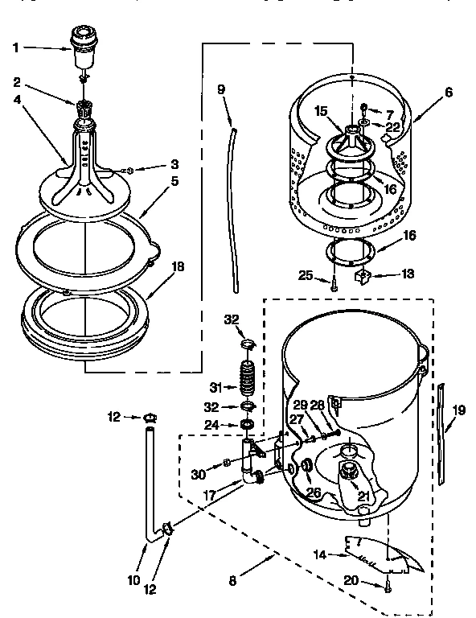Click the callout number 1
[16, 47]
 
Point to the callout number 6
[448, 92]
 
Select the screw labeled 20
[388, 588]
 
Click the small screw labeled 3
[129, 170]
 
